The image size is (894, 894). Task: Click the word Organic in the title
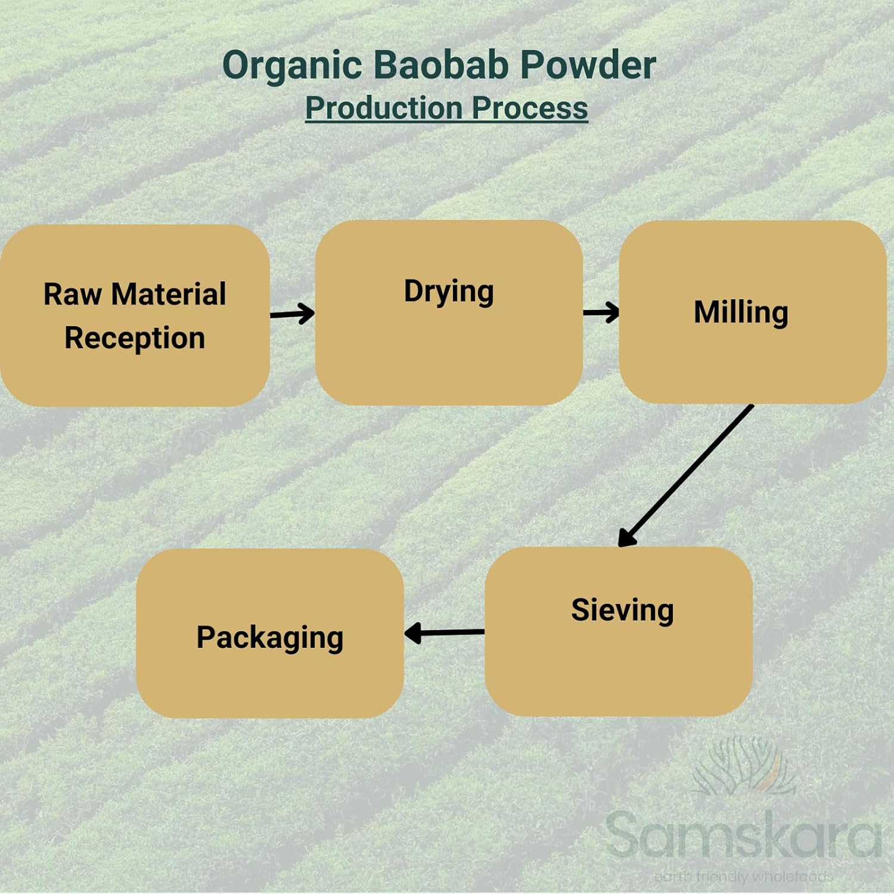pyautogui.click(x=292, y=66)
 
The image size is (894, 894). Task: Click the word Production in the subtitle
pyautogui.click(x=384, y=108)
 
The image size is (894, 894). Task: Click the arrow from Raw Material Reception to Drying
pyautogui.click(x=292, y=313)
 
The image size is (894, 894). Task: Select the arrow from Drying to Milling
pyautogui.click(x=601, y=312)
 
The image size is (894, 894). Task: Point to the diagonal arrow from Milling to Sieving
pyautogui.click(x=685, y=476)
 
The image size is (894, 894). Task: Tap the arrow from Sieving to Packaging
pyautogui.click(x=445, y=632)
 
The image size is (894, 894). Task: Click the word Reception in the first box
pyautogui.click(x=135, y=339)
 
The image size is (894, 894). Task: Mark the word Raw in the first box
pyautogui.click(x=72, y=294)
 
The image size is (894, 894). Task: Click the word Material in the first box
pyautogui.click(x=169, y=294)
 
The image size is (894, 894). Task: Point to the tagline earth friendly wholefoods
pyautogui.click(x=743, y=877)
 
